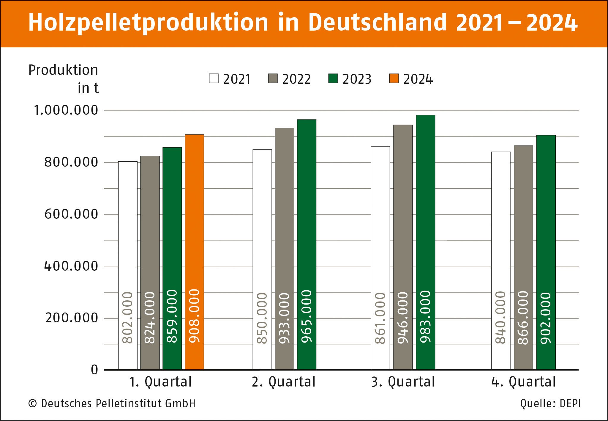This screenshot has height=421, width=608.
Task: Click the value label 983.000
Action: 425,317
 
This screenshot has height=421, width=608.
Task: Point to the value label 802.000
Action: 128,318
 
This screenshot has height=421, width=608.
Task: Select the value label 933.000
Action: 284,318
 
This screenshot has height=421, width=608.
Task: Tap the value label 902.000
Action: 546,318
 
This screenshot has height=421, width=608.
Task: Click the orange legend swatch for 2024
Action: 394,78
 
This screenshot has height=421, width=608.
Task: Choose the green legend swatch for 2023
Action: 333,78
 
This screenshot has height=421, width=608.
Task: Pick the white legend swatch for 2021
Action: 214,78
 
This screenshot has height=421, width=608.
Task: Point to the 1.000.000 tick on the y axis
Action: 66,110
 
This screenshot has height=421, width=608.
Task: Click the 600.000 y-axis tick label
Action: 71,214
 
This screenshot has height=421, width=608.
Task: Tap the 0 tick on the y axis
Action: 94,370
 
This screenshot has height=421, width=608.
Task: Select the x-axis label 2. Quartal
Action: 283,382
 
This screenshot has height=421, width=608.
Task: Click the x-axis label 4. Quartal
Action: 523,382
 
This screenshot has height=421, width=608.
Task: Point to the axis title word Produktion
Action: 63,70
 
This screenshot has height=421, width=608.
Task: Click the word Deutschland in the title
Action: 377,23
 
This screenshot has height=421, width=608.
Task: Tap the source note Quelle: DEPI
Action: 550,403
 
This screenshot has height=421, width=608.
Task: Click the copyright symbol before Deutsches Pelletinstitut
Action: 32,404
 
